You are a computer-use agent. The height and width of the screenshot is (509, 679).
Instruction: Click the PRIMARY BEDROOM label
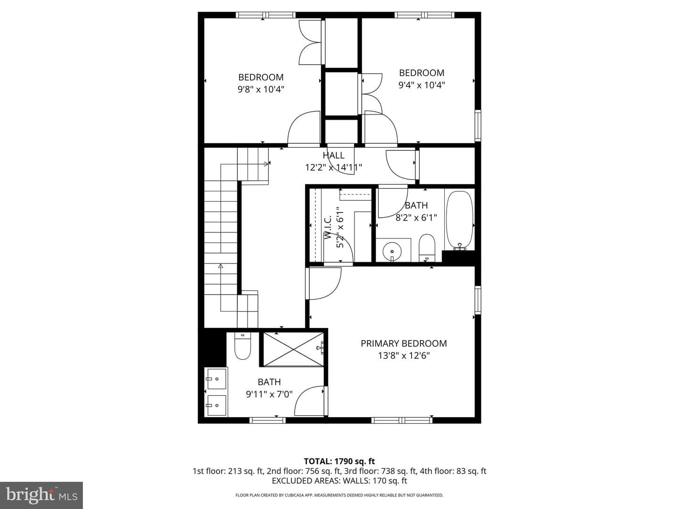pos(404,344)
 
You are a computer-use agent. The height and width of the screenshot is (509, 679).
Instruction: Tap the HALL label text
pos(333,155)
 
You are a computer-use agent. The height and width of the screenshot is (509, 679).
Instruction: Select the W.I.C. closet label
pos(328,228)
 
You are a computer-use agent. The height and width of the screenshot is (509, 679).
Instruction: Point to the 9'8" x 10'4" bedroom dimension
pos(261,90)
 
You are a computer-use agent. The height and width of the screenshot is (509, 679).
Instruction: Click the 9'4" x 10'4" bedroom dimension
pos(422,85)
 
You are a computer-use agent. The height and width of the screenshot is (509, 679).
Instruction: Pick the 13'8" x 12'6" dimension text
pos(404,355)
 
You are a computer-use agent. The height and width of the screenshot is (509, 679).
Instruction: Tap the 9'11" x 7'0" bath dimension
pos(269,394)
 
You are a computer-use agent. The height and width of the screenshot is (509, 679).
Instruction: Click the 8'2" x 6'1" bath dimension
pos(416,217)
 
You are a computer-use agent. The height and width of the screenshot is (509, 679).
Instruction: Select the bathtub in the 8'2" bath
pos(460,221)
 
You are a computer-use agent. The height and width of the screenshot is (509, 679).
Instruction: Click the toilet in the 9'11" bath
pos(242,345)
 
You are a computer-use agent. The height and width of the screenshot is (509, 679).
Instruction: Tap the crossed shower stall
pos(293,350)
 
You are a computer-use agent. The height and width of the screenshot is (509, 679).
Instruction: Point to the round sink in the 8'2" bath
pos(392,251)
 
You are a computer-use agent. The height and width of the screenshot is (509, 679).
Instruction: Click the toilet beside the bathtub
pos(427,248)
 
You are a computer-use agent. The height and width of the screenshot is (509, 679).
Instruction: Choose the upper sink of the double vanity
pos(216,378)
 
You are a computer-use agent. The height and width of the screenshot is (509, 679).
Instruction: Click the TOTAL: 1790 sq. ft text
pos(339,461)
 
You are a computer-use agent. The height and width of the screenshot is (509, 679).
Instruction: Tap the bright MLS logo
pos(41,495)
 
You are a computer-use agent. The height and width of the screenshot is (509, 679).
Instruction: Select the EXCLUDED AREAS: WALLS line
pos(339,481)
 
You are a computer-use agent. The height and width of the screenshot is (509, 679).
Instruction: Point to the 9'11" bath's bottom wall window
pos(267,420)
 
